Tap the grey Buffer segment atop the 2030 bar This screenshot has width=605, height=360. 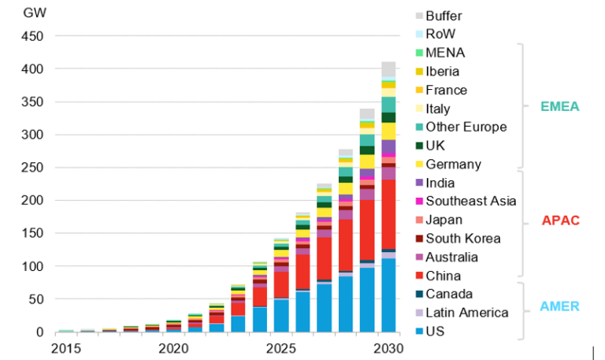coord(388,70)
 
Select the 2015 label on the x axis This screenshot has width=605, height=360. coord(66,347)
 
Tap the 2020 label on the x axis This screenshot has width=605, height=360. coord(173,347)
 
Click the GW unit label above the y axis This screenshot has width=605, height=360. coord(33,13)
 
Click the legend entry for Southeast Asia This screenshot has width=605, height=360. coord(470,202)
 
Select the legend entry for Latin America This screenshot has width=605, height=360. coord(466,313)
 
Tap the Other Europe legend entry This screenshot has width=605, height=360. coord(466,127)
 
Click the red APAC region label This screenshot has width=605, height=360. coord(560,221)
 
